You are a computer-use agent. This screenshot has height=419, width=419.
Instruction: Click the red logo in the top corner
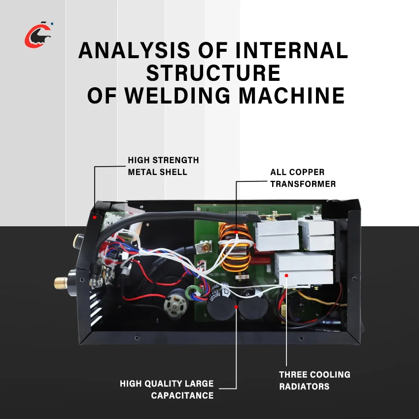tap(37, 35)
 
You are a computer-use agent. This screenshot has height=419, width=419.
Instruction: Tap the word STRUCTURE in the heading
tap(213, 73)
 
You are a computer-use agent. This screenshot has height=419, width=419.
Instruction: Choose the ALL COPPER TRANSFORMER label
tap(303, 178)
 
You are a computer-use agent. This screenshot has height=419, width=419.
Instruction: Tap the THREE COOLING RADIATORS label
tap(314, 380)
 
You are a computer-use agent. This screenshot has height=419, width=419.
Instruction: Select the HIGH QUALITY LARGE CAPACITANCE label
tap(167, 389)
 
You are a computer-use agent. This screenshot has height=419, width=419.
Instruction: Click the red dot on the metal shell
tap(94, 216)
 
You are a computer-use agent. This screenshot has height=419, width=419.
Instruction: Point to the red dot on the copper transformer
tap(236, 232)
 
